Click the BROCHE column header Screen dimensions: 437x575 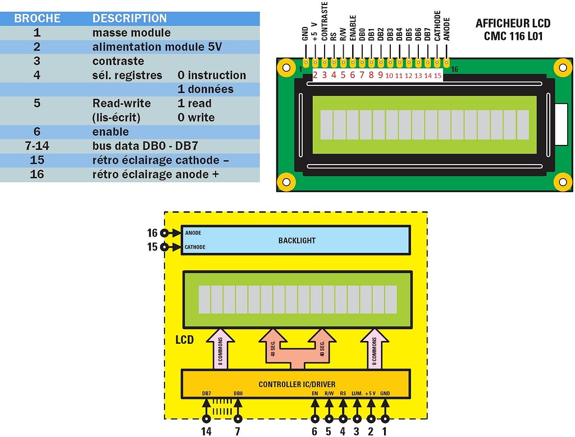37,18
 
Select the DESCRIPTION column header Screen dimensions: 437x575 129,18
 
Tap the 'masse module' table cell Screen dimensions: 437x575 131,33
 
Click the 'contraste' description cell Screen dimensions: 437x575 118,61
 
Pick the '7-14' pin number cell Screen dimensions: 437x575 37,146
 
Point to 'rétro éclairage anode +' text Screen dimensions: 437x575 155,175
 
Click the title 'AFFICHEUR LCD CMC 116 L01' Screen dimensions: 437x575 513,30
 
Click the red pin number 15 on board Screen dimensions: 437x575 437,75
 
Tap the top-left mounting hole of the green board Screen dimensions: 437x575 287,68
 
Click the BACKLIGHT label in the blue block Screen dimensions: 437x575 297,240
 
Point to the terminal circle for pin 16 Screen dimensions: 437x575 164,233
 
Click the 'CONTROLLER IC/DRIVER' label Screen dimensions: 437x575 297,385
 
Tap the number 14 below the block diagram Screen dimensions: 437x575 207,431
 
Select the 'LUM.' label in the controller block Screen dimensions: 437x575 357,393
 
